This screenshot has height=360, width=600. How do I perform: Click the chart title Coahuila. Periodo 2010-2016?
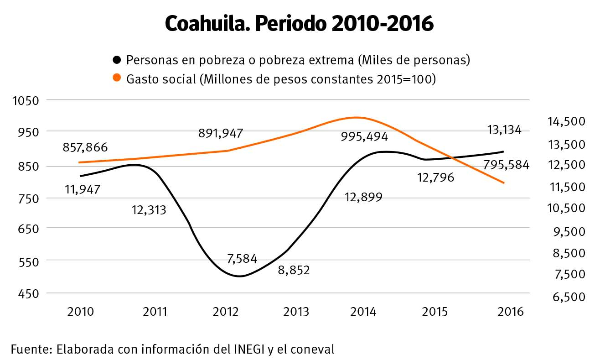(299, 24)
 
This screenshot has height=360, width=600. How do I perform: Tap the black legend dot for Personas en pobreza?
(117, 60)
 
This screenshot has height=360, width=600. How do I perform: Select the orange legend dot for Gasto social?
(117, 79)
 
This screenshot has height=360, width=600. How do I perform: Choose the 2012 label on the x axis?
(226, 312)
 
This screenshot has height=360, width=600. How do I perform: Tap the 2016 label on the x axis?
(511, 312)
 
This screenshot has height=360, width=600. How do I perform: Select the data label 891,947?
(221, 133)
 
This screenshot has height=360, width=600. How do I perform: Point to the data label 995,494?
(364, 136)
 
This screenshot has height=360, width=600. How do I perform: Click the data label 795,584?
(506, 165)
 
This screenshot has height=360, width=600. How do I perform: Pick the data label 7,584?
(242, 259)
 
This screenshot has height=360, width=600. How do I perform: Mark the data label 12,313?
(149, 210)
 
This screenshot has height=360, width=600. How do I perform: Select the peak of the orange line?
(358, 118)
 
